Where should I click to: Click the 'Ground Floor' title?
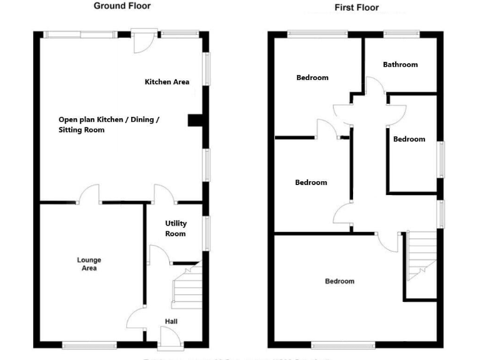click(122, 6)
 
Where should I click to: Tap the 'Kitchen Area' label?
click(167, 82)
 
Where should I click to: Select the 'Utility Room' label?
click(176, 229)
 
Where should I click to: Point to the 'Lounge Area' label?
click(89, 264)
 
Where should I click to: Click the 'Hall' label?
click(171, 321)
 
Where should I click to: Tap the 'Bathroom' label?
click(400, 64)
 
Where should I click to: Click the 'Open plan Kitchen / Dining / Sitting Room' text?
click(109, 125)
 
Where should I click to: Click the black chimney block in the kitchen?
click(194, 120)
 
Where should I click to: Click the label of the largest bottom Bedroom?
click(339, 281)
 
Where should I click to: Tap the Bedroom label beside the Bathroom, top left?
click(312, 77)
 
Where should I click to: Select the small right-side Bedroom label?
click(409, 139)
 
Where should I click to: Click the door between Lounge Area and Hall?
click(137, 320)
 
